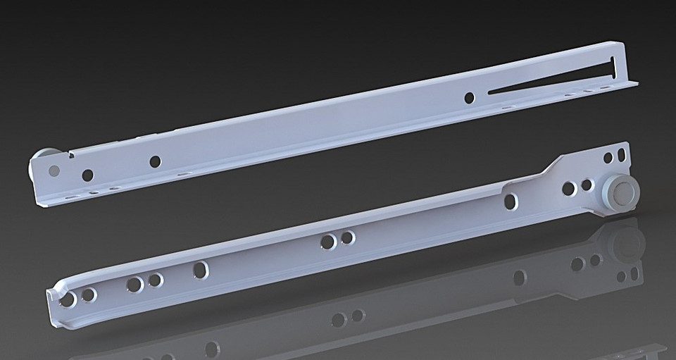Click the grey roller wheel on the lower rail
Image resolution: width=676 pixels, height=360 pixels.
click(620, 191)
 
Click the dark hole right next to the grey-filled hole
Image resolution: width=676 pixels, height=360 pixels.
click(87, 175)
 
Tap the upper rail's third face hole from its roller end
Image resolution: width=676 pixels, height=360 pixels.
click(155, 161)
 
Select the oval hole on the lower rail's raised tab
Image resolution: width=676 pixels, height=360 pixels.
click(620, 153)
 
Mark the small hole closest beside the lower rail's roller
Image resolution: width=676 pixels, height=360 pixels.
click(586, 185)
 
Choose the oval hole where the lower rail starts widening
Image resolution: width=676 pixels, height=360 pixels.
click(511, 201)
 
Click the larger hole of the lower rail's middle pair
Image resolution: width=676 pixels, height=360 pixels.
click(327, 242)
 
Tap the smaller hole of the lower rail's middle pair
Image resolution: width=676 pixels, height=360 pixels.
click(347, 238)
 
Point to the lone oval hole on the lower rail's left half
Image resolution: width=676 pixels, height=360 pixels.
click(201, 270)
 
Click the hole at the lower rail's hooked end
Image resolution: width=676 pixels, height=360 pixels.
click(68, 300)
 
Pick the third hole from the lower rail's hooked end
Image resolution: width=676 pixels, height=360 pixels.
click(133, 285)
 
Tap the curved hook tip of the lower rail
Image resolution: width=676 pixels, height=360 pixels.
click(55, 296)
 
